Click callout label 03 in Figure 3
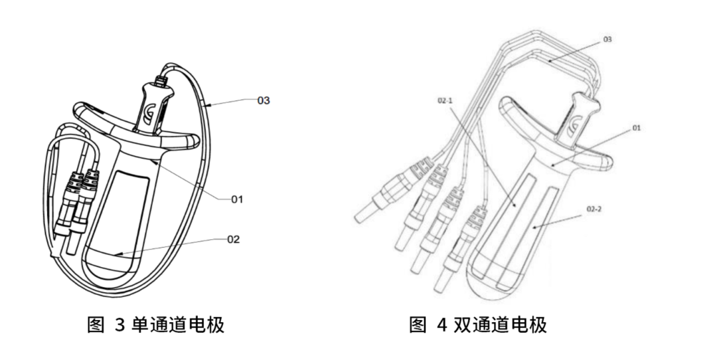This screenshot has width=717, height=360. [265, 100]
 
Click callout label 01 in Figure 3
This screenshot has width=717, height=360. [237, 198]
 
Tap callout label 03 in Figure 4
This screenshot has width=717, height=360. [607, 40]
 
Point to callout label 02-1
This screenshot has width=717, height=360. [445, 101]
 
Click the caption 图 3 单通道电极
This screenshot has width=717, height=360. [156, 325]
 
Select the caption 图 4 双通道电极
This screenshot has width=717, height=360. [477, 325]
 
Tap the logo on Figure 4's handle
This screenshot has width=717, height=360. [574, 124]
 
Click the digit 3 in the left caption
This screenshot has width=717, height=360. [119, 325]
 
